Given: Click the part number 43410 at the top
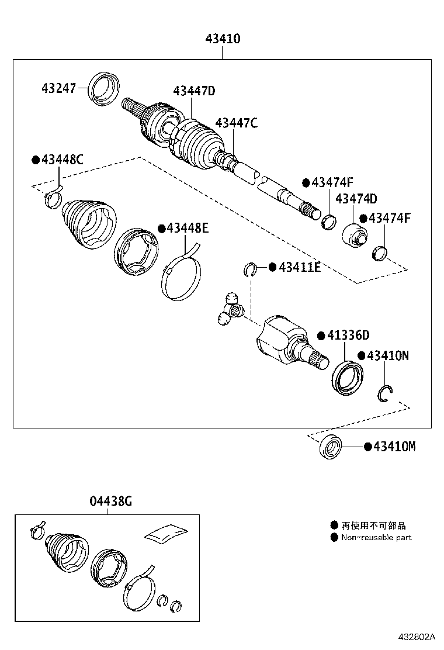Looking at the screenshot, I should pyautogui.click(x=223, y=40).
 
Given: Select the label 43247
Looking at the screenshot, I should pyautogui.click(x=60, y=89).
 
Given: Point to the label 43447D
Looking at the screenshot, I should pyautogui.click(x=194, y=91).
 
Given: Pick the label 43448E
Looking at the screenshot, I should pyautogui.click(x=187, y=228).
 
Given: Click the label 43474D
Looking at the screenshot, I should pyautogui.click(x=356, y=199).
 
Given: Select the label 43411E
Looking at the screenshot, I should pyautogui.click(x=299, y=267).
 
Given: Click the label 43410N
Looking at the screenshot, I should pyautogui.click(x=387, y=355).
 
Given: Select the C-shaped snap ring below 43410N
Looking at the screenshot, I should pyautogui.click(x=384, y=395).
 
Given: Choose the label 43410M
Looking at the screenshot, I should pyautogui.click(x=394, y=447).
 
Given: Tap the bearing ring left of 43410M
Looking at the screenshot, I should pyautogui.click(x=331, y=447).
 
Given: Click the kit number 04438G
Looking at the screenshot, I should pyautogui.click(x=111, y=501).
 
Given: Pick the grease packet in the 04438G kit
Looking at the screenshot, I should pyautogui.click(x=166, y=533).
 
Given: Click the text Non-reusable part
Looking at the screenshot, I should pyautogui.click(x=376, y=537).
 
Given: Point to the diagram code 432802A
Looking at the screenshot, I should pyautogui.click(x=418, y=636).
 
